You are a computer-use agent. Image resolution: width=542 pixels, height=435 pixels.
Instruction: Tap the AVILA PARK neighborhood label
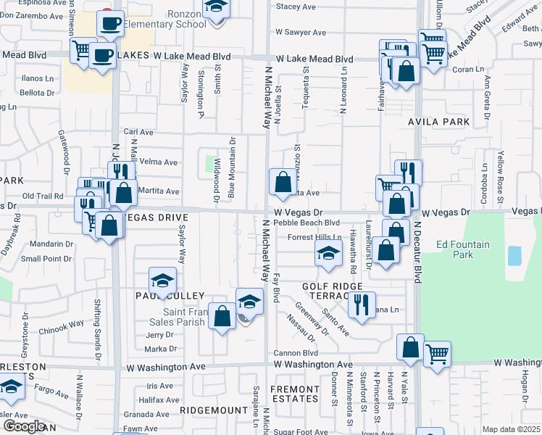click(x=439, y=122)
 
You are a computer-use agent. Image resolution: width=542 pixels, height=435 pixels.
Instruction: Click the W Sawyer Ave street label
click(x=301, y=33)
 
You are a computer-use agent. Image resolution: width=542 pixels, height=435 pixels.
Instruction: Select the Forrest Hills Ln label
click(x=314, y=237)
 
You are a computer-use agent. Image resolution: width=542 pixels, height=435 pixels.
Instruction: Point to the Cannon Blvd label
click(x=296, y=353)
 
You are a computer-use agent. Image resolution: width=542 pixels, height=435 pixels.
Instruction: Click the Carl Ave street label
click(x=138, y=132)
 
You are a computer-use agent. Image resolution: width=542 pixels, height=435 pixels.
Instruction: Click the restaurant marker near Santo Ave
click(x=362, y=305)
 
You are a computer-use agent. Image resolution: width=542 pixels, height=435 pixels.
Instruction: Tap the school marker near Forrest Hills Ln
click(x=328, y=253)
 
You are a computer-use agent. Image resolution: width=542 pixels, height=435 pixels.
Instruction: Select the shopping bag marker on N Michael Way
click(x=282, y=181)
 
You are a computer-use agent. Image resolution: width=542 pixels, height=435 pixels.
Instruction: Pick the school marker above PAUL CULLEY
click(x=163, y=281)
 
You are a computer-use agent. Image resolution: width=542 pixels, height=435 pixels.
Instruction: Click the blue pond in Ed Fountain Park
click(x=514, y=255)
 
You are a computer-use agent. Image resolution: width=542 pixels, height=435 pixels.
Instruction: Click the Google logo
click(x=25, y=426)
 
